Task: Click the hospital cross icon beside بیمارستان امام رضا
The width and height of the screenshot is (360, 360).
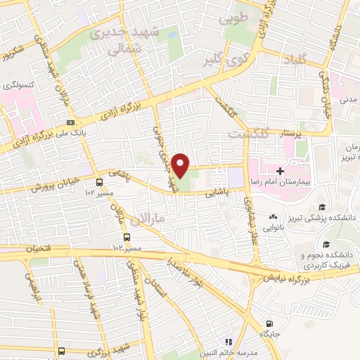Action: (x=280, y=171)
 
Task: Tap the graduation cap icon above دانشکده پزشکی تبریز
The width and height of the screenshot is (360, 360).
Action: (x=322, y=207)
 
